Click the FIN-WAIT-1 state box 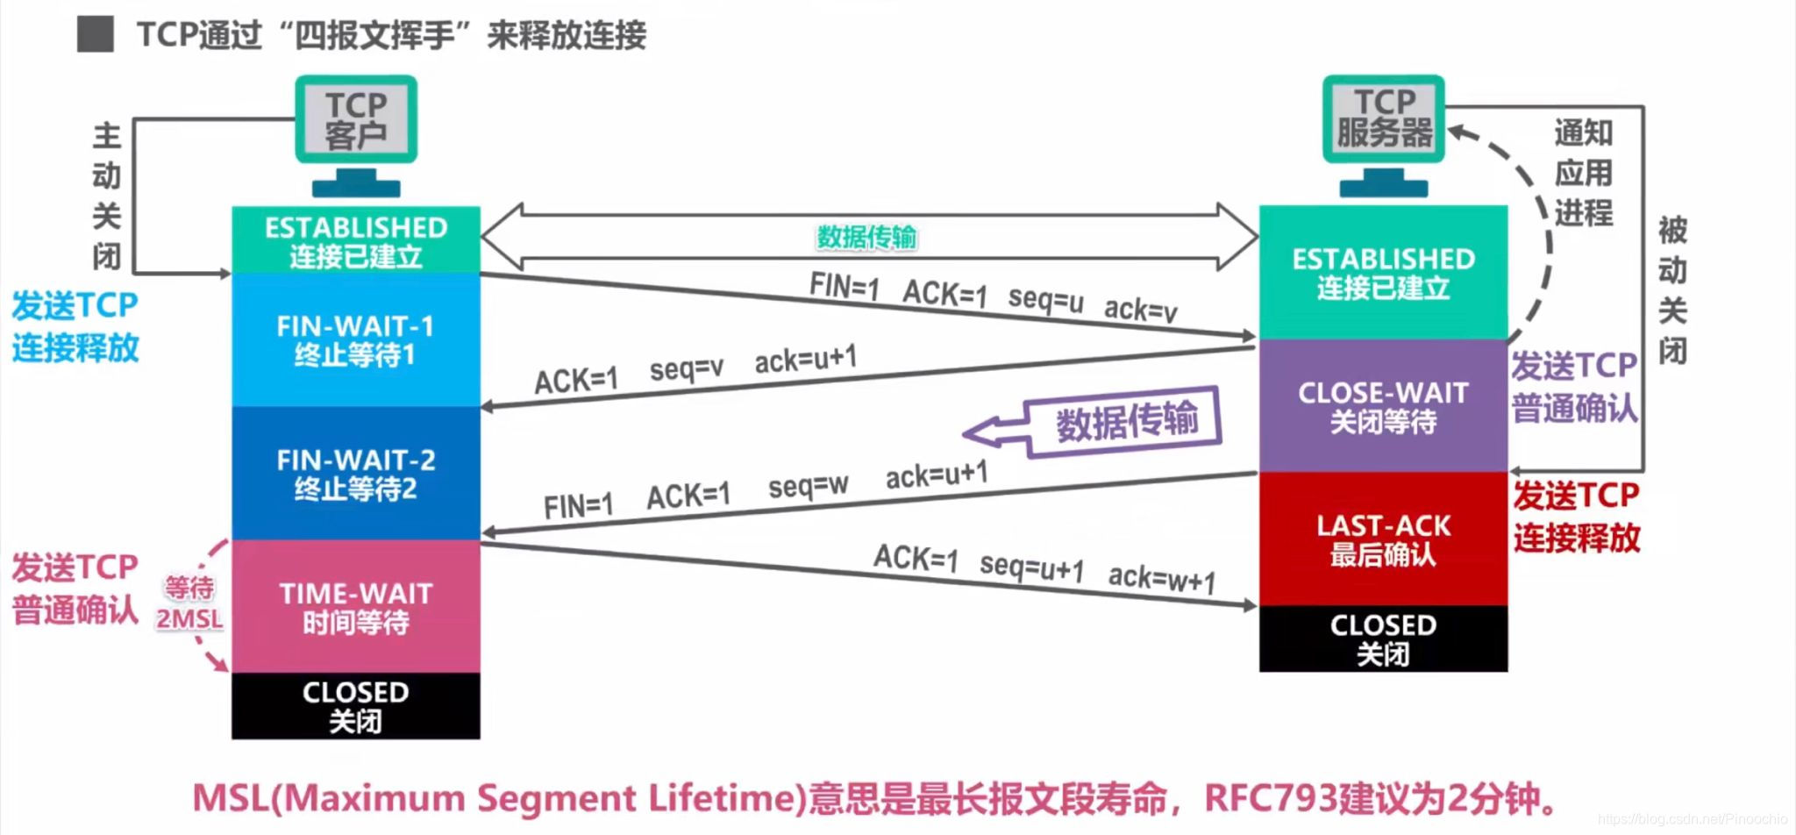coord(355,340)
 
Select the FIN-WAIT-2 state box coord(355,474)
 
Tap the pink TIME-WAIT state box coord(355,607)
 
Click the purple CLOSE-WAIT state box coord(1383,406)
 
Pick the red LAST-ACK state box coord(1383,539)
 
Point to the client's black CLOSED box coord(355,706)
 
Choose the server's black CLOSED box coord(1383,639)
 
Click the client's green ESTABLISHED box coord(355,240)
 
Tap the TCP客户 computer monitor coord(356,120)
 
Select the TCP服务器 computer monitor coord(1384,118)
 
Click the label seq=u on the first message coord(1045,299)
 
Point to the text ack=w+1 coord(1162,578)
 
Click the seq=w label coord(808,485)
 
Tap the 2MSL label coord(189,619)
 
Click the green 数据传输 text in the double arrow coord(866,237)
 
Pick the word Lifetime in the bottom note coord(727,798)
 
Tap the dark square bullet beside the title coord(95,34)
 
